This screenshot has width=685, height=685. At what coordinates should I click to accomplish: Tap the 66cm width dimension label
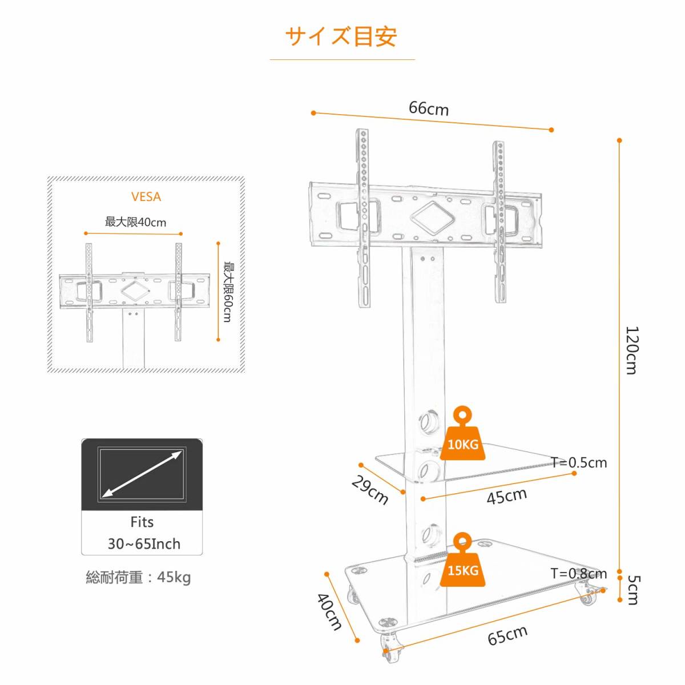pos(429,108)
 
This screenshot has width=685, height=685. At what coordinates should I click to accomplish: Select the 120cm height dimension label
pos(632,350)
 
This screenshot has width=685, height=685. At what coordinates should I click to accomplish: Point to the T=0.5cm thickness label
pos(579,462)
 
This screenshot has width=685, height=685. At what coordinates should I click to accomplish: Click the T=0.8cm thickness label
pos(579,573)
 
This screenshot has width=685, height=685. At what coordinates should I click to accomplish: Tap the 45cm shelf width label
pos(506,496)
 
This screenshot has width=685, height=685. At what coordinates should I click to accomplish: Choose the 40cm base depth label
pos(329,611)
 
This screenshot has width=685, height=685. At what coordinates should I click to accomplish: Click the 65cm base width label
pos(507,635)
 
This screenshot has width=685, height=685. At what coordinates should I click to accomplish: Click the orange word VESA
pos(146,196)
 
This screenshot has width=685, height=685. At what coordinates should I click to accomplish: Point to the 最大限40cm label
pos(135,222)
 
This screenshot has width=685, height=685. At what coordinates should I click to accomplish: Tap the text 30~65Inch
pos(144,544)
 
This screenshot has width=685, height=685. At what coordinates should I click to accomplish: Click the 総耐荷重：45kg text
pos(138,577)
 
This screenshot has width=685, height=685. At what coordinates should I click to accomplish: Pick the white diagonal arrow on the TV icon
pos(142,474)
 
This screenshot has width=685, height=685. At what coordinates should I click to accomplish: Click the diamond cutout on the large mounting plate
pos(433,217)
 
